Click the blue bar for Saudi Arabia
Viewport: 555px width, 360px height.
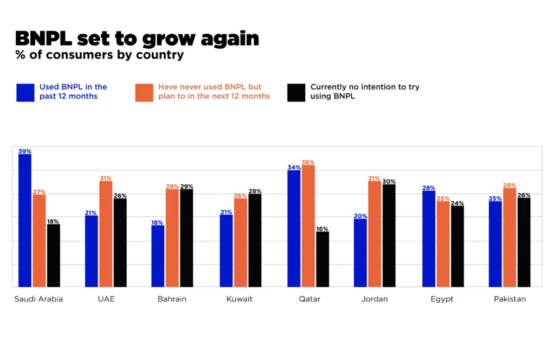(25, 221)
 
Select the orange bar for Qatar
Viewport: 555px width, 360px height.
(308, 226)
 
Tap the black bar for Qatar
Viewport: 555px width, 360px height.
(322, 259)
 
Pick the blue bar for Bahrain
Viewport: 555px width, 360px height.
(158, 256)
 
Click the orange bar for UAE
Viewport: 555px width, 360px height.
(106, 234)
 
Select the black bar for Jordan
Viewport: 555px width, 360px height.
(389, 235)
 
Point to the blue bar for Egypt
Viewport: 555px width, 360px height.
(429, 239)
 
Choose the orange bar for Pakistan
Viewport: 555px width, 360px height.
(509, 237)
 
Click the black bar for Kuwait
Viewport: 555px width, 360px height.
(255, 240)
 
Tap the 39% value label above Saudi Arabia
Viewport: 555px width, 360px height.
(25, 151)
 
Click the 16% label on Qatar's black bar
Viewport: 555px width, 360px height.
(322, 229)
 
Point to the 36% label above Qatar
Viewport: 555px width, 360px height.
(308, 162)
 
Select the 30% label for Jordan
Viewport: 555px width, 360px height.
(389, 182)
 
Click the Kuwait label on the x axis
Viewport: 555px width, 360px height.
(240, 299)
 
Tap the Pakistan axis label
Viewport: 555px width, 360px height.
(509, 299)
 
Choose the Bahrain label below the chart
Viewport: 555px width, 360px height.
(172, 299)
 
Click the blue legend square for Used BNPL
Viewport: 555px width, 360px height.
(25, 92)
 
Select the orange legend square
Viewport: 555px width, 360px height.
(144, 92)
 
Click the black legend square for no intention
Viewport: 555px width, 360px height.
(296, 92)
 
